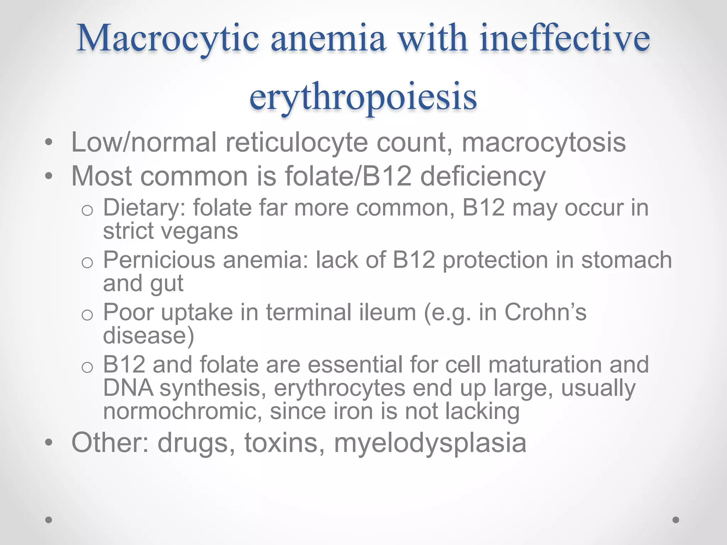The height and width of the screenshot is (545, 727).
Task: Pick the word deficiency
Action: click(x=483, y=176)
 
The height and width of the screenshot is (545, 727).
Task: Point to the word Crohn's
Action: click(x=545, y=313)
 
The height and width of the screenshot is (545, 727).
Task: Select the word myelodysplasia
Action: click(x=430, y=443)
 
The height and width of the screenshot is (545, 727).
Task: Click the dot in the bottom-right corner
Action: click(x=676, y=520)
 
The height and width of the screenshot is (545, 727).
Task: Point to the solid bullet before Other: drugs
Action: click(x=49, y=443)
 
